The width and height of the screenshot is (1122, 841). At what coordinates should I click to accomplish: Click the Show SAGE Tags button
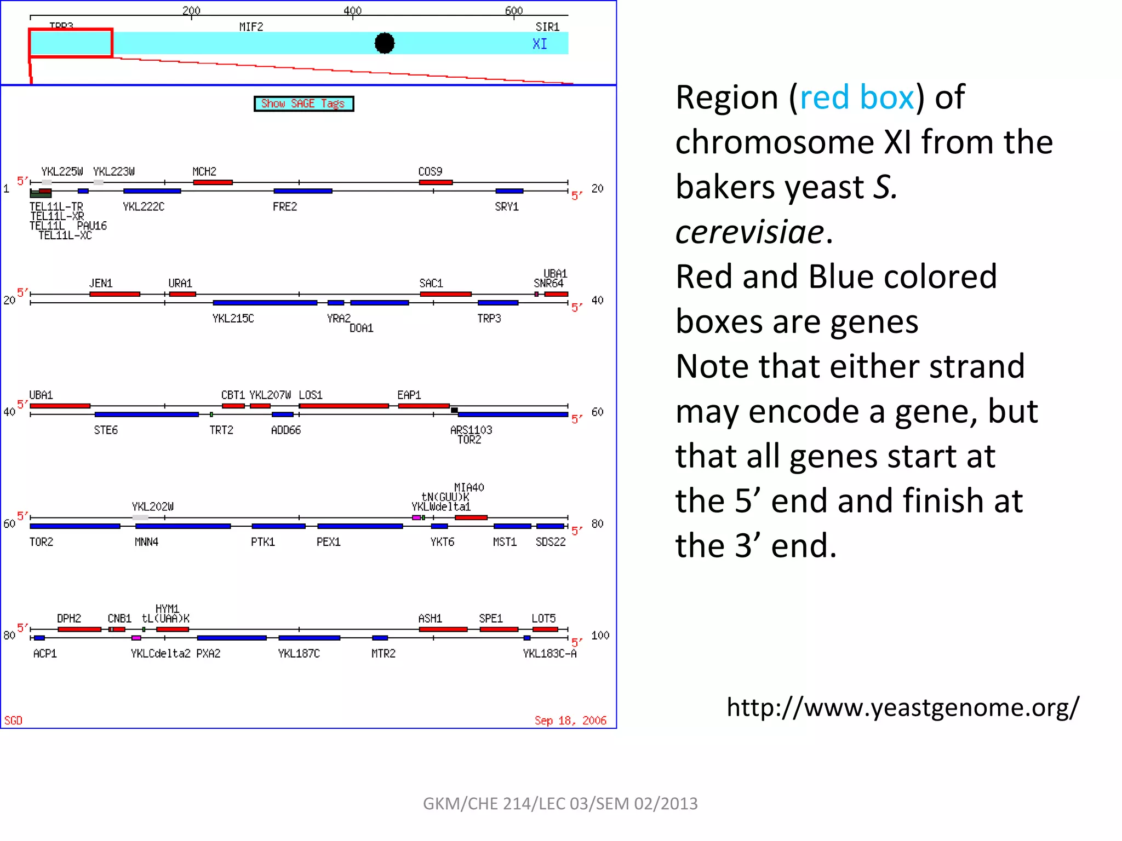click(x=304, y=103)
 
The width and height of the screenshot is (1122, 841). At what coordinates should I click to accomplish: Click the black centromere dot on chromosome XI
click(x=385, y=43)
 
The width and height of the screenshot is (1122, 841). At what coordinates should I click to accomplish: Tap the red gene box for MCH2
click(x=213, y=182)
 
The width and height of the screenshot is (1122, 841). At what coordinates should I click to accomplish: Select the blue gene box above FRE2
click(x=302, y=191)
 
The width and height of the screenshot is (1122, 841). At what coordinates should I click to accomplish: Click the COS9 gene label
click(x=430, y=171)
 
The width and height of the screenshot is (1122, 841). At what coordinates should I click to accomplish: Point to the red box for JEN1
click(x=115, y=294)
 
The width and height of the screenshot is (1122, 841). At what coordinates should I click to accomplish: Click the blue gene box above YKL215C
click(x=265, y=303)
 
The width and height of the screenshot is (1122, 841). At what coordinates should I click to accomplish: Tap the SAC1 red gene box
click(x=445, y=294)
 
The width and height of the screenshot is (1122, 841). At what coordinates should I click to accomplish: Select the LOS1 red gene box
click(x=344, y=406)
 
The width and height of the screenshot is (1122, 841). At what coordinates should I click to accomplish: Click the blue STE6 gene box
click(x=146, y=414)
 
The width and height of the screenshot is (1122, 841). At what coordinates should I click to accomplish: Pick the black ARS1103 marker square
click(x=454, y=410)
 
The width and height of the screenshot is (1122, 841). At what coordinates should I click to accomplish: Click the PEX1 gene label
click(x=328, y=542)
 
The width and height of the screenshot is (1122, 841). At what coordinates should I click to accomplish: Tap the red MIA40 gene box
click(x=471, y=517)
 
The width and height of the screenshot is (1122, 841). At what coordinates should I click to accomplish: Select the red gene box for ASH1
click(x=443, y=629)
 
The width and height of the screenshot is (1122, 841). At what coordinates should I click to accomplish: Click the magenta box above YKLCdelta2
click(x=136, y=638)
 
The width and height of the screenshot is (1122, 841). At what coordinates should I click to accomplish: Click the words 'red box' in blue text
click(x=857, y=97)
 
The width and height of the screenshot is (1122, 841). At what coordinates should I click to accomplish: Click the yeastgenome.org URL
click(x=902, y=707)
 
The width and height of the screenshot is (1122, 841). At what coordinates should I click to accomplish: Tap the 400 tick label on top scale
click(x=352, y=10)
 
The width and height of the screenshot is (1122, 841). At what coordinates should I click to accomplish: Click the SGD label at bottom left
click(x=13, y=720)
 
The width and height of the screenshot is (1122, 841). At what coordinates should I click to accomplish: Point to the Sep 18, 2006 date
click(x=570, y=720)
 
